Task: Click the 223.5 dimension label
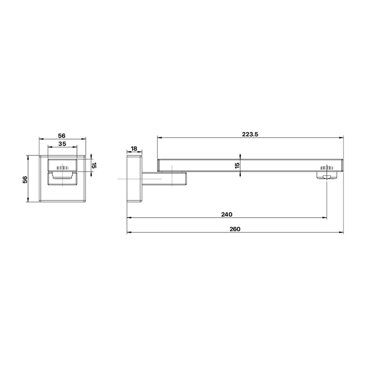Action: pos(250,134)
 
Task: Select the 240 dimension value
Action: pos(227,214)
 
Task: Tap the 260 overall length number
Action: pos(235,229)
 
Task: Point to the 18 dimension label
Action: pos(134,149)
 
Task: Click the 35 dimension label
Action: pos(62,144)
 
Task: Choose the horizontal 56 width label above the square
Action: pos(62,135)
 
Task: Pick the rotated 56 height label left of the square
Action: pos(25,179)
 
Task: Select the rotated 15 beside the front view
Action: pos(94,165)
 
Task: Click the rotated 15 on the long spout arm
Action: pos(237,165)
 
